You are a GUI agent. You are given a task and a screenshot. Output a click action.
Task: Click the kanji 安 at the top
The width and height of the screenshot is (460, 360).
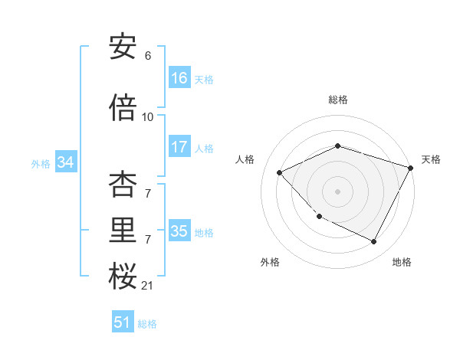pyautogui.click(x=123, y=47)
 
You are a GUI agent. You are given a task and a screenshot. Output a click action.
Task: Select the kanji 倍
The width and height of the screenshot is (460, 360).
pyautogui.click(x=123, y=109)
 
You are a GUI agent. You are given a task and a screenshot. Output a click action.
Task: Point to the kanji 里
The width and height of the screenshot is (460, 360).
pyautogui.click(x=123, y=232)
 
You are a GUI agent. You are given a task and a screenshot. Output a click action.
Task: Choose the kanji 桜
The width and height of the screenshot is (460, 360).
pyautogui.click(x=123, y=277)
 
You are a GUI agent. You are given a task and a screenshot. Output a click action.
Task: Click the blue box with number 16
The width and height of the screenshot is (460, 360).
pyautogui.click(x=179, y=78)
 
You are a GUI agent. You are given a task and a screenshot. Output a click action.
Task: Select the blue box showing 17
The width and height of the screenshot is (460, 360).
pyautogui.click(x=179, y=148)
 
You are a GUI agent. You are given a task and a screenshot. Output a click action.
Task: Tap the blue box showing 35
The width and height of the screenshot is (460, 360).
pyautogui.click(x=179, y=232)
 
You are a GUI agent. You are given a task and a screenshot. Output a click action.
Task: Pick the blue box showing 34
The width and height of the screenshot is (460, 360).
pyautogui.click(x=65, y=163)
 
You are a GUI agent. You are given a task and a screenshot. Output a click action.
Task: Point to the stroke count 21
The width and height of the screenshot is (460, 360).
pyautogui.click(x=147, y=286)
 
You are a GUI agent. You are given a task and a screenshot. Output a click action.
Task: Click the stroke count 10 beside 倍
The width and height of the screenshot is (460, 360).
pyautogui.click(x=148, y=117)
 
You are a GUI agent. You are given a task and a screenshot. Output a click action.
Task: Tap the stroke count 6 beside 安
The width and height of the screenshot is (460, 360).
pyautogui.click(x=148, y=56)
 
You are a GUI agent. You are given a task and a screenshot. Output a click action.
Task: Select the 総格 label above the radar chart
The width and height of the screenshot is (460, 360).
pyautogui.click(x=338, y=100)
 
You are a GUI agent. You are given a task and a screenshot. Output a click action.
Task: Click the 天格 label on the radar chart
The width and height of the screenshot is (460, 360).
pyautogui.click(x=431, y=159)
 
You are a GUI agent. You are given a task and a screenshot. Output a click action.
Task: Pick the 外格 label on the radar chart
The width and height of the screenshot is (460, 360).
pyautogui.click(x=270, y=263)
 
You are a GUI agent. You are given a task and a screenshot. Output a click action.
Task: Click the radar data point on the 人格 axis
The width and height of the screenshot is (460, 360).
pyautogui.click(x=280, y=173)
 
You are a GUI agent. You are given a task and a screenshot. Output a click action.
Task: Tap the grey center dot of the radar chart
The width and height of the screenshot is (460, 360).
pyautogui.click(x=338, y=191)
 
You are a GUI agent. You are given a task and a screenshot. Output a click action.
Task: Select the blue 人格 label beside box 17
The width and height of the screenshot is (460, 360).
pyautogui.click(x=204, y=149)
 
